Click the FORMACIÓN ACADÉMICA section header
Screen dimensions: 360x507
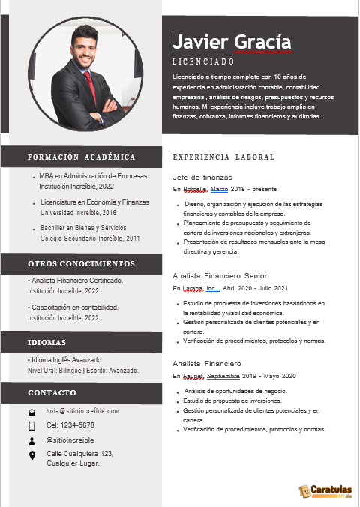[81, 157]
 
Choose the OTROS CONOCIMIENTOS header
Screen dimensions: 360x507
[81, 264]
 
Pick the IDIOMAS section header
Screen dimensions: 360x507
[46, 342]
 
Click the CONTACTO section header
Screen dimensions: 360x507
[52, 393]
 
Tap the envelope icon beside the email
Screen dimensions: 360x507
[31, 412]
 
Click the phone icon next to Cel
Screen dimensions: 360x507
[31, 426]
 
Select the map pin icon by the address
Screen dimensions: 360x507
[31, 455]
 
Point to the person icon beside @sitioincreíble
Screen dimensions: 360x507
[31, 440]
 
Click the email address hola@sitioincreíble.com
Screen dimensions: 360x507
[82, 411]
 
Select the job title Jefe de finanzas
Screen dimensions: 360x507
[202, 177]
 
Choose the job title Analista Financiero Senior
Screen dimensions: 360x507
[220, 276]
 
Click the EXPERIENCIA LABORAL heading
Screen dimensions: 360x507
[223, 157]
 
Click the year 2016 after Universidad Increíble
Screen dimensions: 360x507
[106, 213]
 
